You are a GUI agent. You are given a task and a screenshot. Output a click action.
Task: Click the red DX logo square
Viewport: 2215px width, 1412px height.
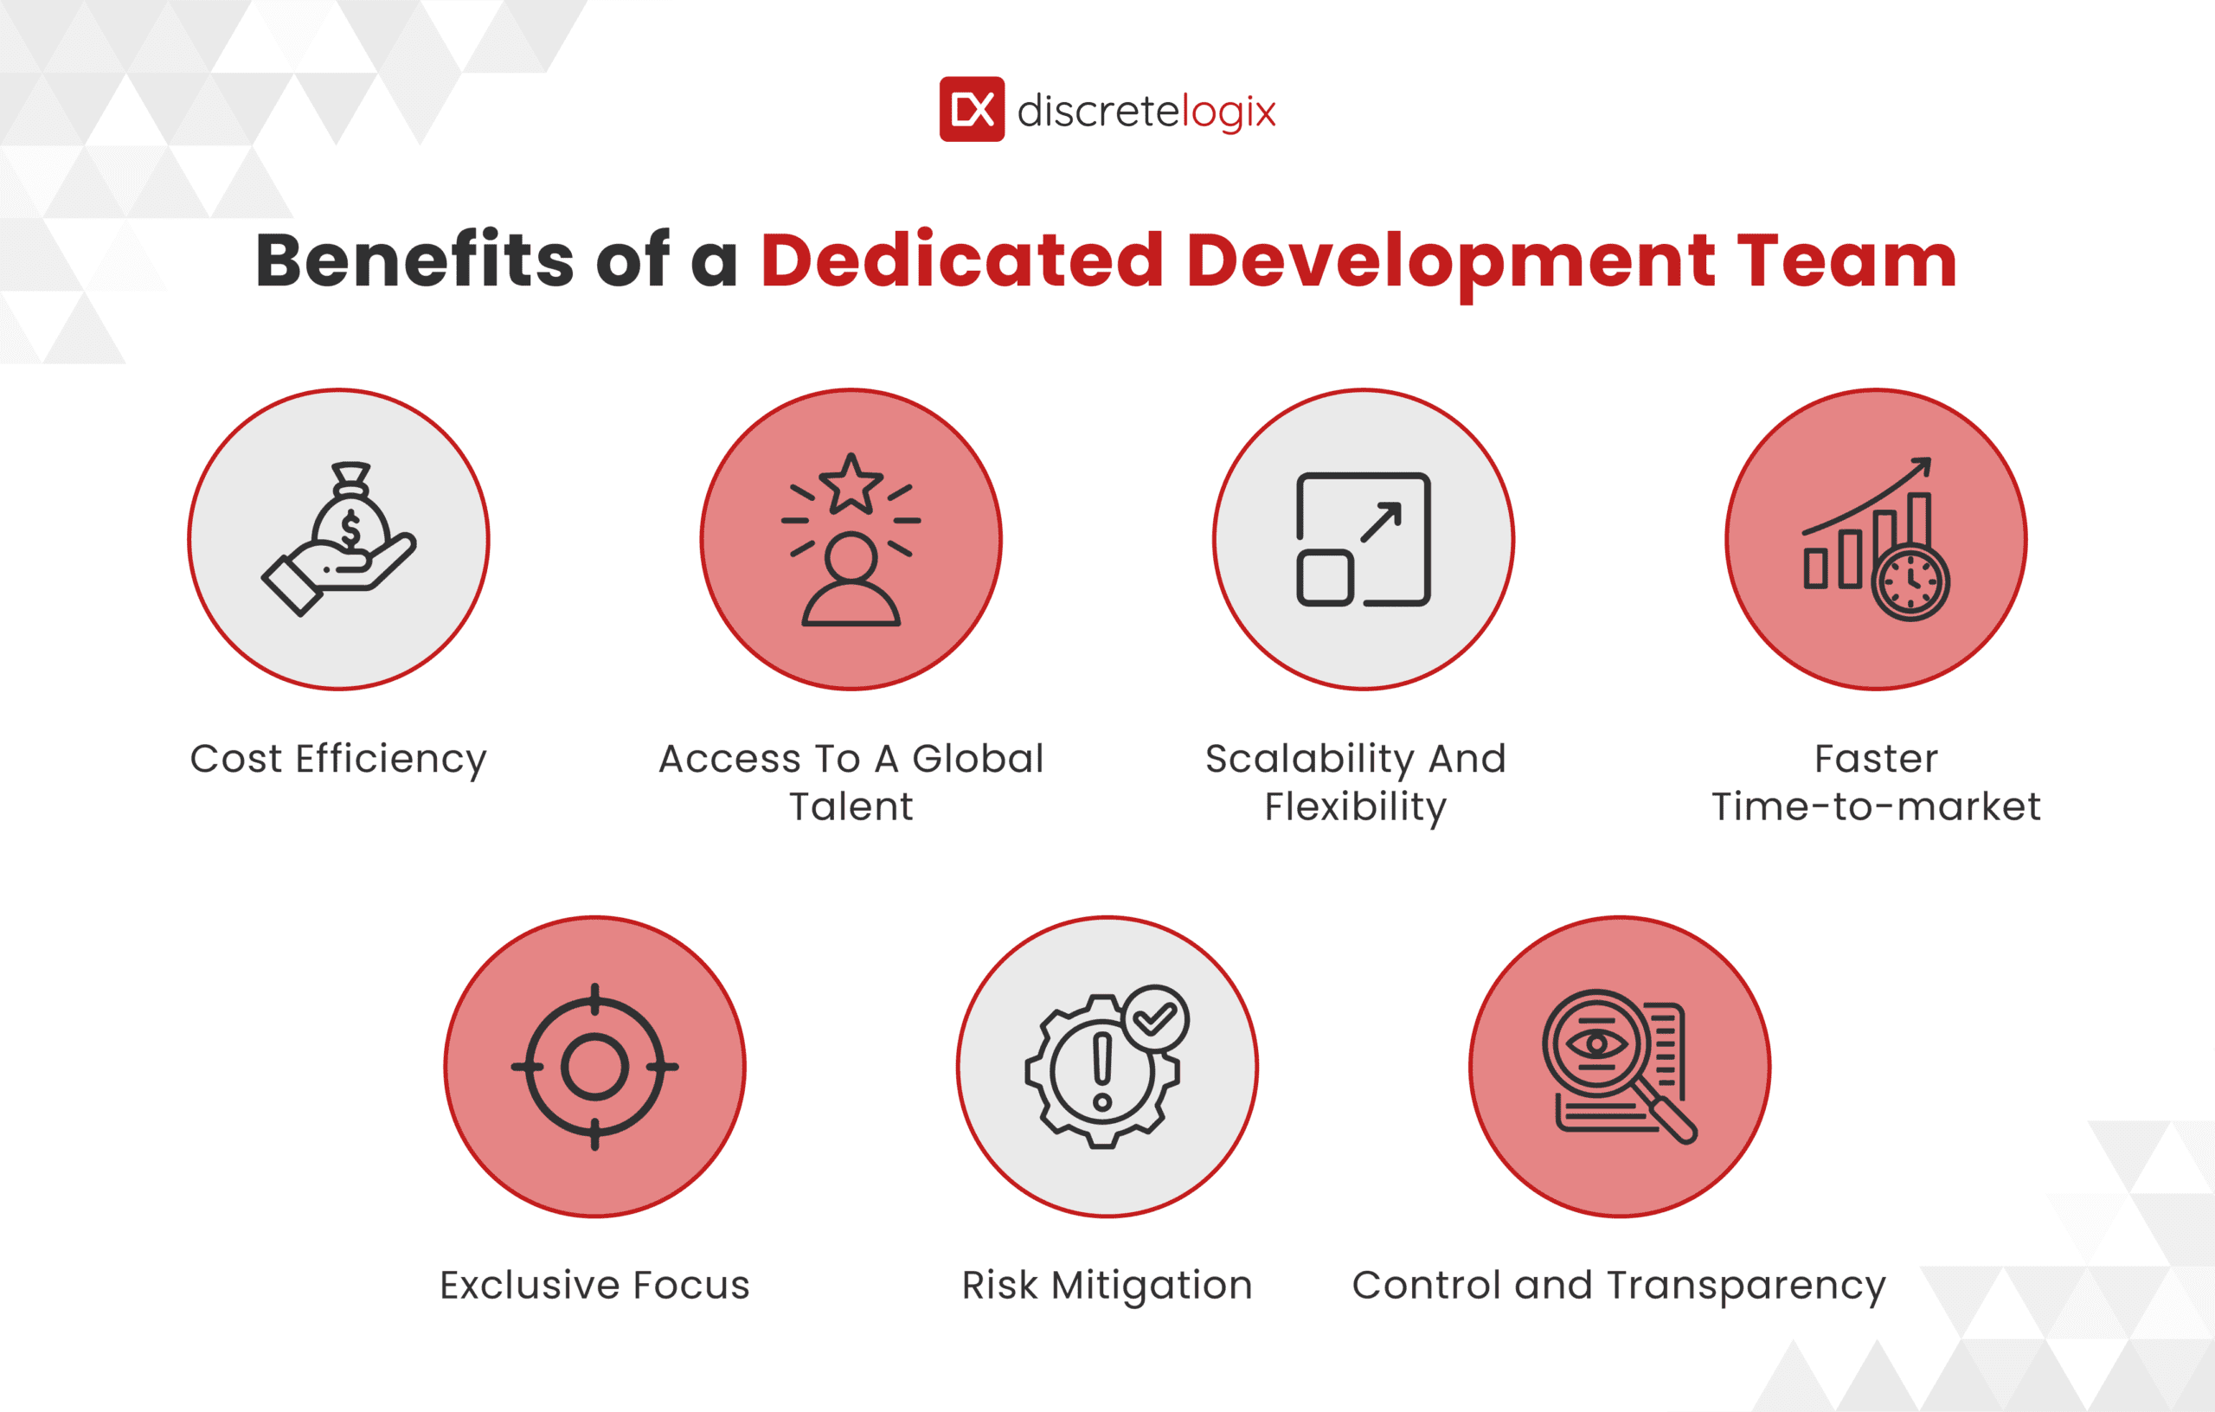pos(972,110)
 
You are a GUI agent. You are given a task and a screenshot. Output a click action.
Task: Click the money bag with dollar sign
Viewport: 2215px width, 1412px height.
pos(350,520)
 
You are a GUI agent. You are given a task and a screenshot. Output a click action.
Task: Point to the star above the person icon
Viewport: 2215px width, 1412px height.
pos(851,484)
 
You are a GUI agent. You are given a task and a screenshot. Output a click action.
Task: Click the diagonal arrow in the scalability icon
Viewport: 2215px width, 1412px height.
pos(1381,523)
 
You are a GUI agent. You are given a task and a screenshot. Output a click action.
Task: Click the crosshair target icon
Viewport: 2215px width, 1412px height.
pos(594,1067)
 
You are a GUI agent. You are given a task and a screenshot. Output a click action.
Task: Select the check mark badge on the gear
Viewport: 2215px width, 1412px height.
pos(1155,1018)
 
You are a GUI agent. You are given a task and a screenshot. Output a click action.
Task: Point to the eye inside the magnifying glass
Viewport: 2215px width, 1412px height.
pos(1597,1043)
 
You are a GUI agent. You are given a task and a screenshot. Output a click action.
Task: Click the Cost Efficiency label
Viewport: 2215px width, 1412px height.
pos(338,759)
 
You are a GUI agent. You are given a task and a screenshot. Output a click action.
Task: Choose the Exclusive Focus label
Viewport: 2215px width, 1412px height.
pos(594,1285)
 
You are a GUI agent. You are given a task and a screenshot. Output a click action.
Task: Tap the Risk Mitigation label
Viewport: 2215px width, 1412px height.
pos(1107,1285)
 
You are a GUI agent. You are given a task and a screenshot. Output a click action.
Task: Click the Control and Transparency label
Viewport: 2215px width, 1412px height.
pos(1619,1285)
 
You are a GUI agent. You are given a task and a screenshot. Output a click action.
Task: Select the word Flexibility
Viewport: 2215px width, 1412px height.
pos(1355,806)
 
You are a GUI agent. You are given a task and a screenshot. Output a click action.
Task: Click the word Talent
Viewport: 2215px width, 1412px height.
pos(851,806)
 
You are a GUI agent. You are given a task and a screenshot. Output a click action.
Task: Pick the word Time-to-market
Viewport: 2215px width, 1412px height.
pos(1876,806)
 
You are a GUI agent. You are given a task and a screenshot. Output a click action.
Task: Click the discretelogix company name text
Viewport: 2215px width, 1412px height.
pos(1146,112)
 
